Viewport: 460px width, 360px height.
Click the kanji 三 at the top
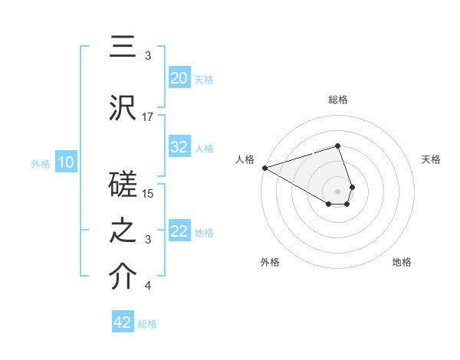[123, 48]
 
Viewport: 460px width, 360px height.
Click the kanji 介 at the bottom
[123, 278]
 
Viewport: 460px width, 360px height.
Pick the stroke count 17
[148, 116]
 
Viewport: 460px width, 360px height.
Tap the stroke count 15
[148, 194]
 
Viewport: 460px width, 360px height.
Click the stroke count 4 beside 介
[148, 286]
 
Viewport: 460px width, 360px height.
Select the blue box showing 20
[179, 78]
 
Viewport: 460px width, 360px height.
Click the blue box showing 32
[179, 147]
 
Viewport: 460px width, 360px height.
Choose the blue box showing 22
[179, 231]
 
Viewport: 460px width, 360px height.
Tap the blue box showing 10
[66, 162]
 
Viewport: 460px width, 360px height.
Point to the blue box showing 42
[123, 322]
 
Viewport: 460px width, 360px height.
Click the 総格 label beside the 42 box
[147, 324]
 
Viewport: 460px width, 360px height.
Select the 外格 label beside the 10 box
[41, 163]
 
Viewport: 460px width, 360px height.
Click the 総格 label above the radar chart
[337, 100]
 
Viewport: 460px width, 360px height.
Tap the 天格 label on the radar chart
[431, 159]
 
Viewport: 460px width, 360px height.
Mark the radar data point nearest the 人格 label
[264, 167]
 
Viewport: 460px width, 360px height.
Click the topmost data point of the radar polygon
[337, 146]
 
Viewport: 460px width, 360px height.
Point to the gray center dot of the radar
[337, 190]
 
